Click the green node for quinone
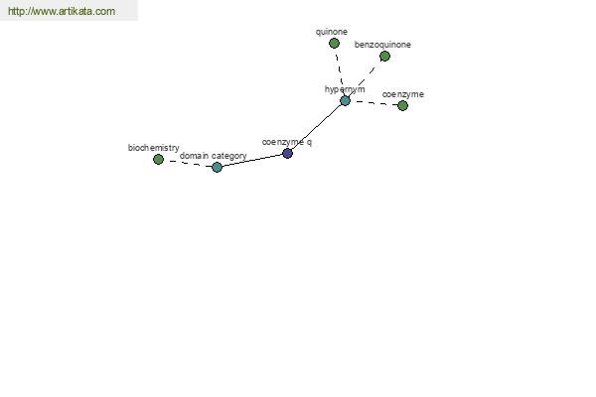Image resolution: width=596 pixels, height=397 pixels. coord(334,44)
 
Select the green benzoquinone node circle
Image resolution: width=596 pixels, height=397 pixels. coord(384,57)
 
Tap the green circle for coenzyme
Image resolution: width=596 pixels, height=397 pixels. coord(402,105)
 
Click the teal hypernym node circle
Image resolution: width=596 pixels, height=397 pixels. coord(345,100)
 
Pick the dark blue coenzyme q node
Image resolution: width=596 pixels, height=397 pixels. coord(287,154)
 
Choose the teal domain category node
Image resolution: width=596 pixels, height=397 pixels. coord(217,167)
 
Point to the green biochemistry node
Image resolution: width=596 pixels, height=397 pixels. coord(158,159)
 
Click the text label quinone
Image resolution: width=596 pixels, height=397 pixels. coord(332,32)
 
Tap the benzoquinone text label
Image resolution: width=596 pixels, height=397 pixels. coord(382,45)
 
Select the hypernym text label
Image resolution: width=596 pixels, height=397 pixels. coord(345,89)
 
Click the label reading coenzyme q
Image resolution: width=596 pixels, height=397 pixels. coord(287,142)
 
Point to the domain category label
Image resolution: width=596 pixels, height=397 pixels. coord(214,156)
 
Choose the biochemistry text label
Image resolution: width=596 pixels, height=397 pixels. coord(154,148)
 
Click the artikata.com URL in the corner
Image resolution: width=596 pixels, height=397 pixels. coord(62,11)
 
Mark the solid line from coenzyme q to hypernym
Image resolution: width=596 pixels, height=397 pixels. coord(316,127)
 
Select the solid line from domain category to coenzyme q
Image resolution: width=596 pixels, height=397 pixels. coord(252,161)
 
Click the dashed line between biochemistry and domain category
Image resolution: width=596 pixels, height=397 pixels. coord(188,164)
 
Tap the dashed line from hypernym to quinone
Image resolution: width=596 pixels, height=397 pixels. coord(339,71)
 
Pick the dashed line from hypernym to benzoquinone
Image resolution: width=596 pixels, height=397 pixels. coord(365,78)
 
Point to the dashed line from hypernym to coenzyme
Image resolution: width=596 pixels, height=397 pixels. coord(373,103)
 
